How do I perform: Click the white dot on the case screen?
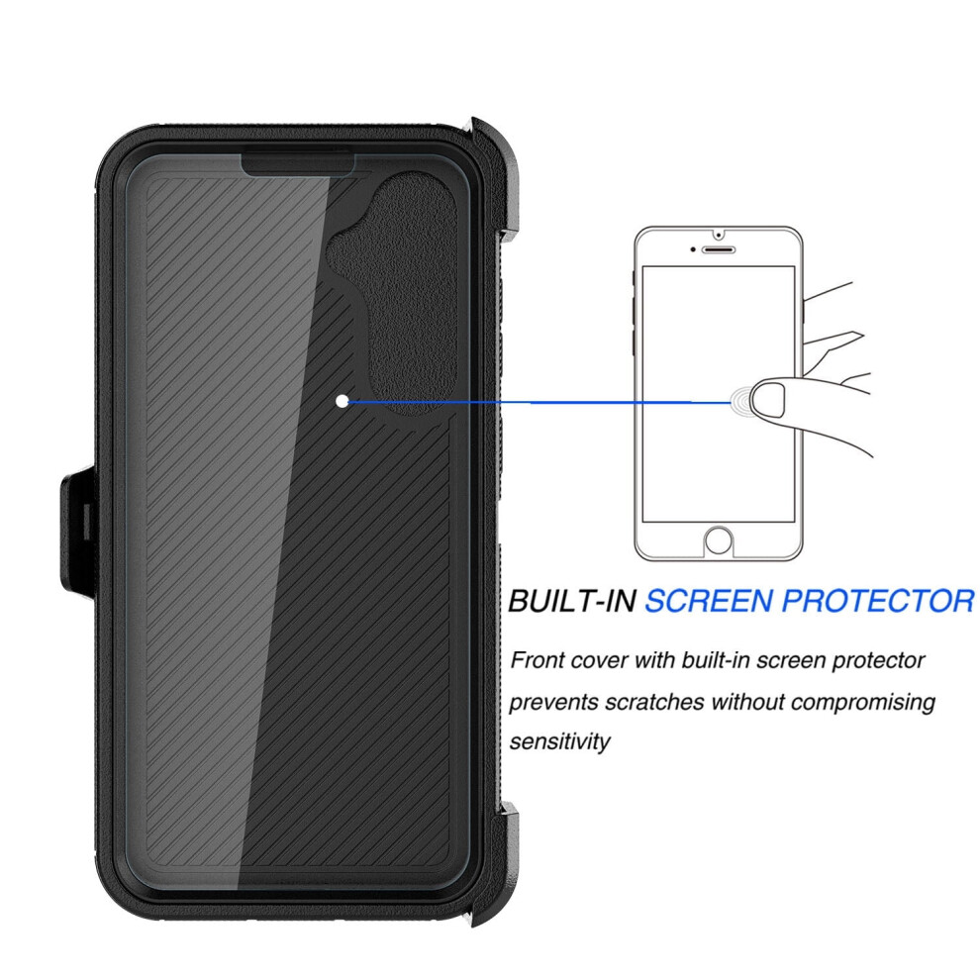[x=343, y=401]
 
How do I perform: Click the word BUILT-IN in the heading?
[x=572, y=601]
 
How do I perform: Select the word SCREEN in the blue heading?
[x=709, y=601]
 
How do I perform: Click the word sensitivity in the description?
[x=559, y=741]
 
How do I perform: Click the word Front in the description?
[x=537, y=660]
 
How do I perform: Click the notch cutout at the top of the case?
[x=298, y=163]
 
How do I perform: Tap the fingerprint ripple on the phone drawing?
[x=741, y=401]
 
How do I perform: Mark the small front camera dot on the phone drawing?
[x=694, y=249]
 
